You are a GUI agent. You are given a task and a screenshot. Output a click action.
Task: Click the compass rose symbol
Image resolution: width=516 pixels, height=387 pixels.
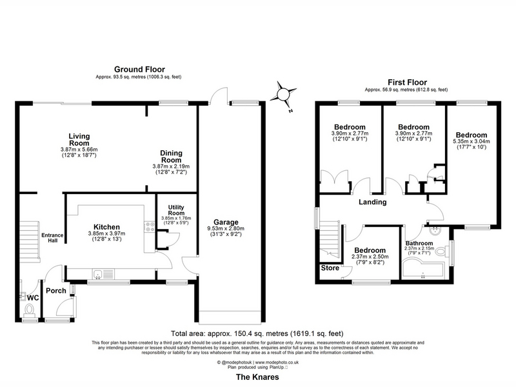click(283, 95)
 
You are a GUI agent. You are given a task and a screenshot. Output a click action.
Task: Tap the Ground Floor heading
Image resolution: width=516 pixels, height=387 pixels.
click(139, 70)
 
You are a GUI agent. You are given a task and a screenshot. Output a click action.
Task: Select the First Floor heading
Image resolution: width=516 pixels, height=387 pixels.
click(407, 83)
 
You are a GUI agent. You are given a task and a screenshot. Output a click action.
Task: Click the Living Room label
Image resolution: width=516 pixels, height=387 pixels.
click(79, 139)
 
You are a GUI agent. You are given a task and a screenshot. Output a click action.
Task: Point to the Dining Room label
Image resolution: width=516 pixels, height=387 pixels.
click(171, 157)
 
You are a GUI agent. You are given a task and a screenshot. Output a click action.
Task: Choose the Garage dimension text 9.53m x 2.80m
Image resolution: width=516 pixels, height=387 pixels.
click(226, 228)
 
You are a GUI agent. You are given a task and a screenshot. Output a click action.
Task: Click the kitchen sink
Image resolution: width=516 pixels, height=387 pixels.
click(98, 273)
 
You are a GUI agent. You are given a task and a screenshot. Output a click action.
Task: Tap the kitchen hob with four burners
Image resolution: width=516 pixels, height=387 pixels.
click(150, 227)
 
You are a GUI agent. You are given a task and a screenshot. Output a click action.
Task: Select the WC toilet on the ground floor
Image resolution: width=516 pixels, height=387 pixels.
click(29, 310)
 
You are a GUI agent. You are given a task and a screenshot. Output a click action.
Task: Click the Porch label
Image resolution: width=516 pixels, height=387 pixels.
click(56, 291)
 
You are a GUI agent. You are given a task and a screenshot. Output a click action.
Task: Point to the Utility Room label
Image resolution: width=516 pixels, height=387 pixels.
click(176, 210)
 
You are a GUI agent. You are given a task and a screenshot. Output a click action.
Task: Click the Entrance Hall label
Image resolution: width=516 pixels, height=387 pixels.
click(52, 237)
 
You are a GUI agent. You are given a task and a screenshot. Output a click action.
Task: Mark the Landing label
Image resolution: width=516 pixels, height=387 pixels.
click(373, 202)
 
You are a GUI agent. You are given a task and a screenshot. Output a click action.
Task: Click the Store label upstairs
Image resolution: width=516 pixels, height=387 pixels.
click(330, 268)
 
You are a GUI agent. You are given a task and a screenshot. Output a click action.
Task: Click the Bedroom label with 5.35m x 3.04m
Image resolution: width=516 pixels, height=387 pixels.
click(471, 135)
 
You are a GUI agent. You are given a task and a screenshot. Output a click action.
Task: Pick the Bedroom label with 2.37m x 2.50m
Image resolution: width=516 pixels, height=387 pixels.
click(370, 250)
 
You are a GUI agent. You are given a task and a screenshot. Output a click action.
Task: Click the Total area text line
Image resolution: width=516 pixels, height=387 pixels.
click(257, 333)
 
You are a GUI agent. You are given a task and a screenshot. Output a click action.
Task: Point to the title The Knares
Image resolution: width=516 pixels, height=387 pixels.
click(257, 377)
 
